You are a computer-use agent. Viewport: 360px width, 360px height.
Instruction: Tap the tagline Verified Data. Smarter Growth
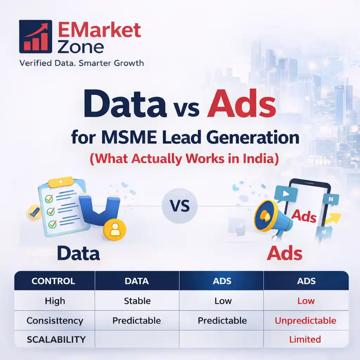tap(82, 63)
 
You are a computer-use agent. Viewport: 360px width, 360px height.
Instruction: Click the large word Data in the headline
tap(125, 105)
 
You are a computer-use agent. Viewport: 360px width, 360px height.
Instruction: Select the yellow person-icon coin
tap(114, 230)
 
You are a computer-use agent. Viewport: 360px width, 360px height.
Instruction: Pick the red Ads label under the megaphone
tap(284, 253)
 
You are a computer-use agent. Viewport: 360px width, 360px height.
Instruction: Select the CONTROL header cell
tap(53, 281)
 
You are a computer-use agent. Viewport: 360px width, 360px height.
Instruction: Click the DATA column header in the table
tap(137, 281)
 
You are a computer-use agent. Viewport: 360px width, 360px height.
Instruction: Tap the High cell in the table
tap(55, 301)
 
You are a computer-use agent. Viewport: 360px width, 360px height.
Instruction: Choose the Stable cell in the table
tap(137, 301)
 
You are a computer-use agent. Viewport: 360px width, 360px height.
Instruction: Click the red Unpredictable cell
tap(305, 321)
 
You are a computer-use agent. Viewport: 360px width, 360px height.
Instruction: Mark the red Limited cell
tap(305, 340)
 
